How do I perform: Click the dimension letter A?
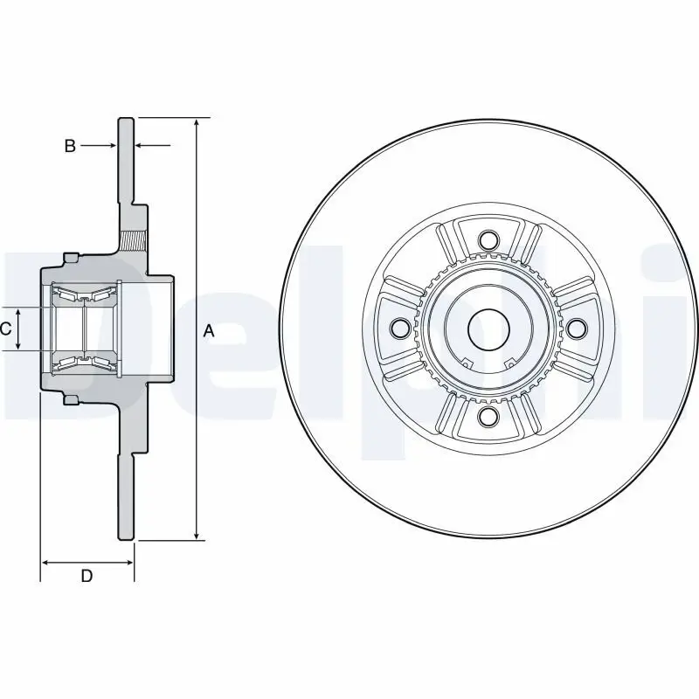(x=208, y=330)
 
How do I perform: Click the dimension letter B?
(x=70, y=146)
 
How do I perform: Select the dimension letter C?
(x=5, y=329)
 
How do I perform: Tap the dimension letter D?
(x=87, y=575)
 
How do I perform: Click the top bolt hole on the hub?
(x=488, y=239)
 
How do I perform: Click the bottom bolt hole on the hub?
(x=488, y=417)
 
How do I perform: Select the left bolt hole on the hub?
(x=400, y=328)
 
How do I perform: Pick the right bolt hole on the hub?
(x=577, y=328)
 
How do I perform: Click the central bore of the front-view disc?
(x=488, y=329)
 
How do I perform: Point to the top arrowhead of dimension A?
(x=197, y=121)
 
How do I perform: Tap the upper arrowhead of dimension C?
(x=18, y=311)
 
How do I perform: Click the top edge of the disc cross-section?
(x=127, y=117)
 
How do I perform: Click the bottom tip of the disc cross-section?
(x=127, y=539)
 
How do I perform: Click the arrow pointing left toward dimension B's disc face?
(x=141, y=146)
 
